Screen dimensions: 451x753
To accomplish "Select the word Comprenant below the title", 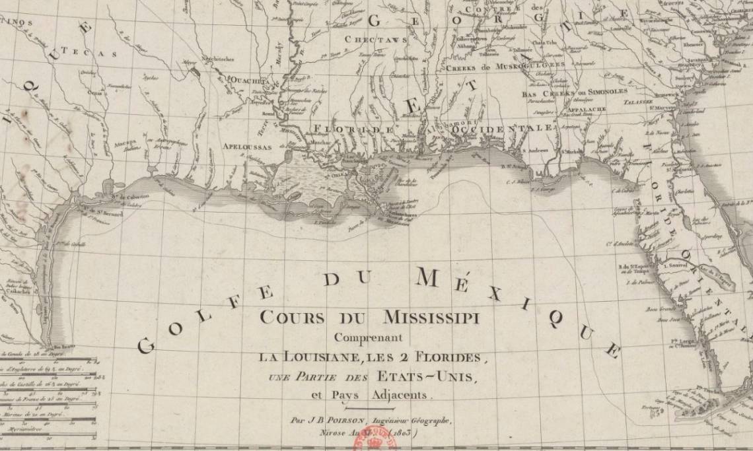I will pyautogui.click(x=368, y=337).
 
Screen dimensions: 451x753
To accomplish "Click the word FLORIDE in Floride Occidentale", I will pyautogui.click(x=353, y=128).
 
